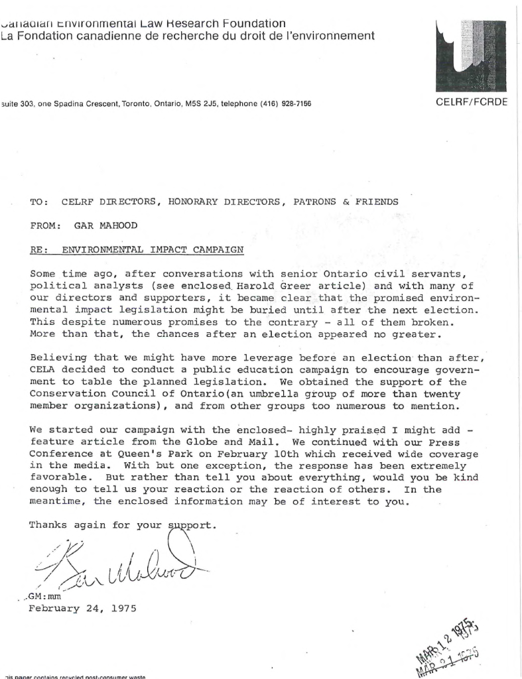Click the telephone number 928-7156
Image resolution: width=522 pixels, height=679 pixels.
click(x=293, y=104)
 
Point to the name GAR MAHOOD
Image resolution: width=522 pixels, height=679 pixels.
click(x=106, y=225)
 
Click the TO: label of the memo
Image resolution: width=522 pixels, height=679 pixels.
click(x=38, y=202)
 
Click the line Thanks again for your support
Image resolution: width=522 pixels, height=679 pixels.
click(x=123, y=525)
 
